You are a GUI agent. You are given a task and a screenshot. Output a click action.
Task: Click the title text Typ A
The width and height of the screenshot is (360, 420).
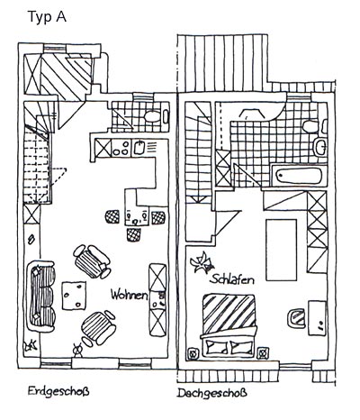pyautogui.click(x=47, y=17)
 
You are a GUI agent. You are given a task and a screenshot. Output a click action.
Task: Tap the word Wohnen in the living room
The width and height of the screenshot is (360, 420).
pyautogui.click(x=130, y=295)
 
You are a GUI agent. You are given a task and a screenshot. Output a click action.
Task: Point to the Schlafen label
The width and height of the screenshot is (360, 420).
pyautogui.click(x=232, y=279)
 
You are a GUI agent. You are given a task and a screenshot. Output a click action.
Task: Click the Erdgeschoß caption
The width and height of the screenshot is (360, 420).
pyautogui.click(x=58, y=392)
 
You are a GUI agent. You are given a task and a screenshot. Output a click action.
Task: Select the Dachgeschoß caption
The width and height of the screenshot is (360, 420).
pyautogui.click(x=211, y=393)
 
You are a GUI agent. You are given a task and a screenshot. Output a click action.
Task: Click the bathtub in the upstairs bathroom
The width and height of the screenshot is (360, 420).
pyautogui.click(x=299, y=175)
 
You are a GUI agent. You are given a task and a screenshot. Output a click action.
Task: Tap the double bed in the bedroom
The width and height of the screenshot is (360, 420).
pyautogui.click(x=229, y=325)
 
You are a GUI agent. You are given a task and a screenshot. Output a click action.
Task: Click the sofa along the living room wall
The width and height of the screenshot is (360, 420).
pyautogui.click(x=40, y=297)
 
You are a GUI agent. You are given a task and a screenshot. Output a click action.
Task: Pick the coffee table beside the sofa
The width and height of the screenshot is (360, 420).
pyautogui.click(x=74, y=296)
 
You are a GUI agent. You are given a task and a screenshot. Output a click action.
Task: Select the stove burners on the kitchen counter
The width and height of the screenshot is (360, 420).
pyautogui.click(x=121, y=148)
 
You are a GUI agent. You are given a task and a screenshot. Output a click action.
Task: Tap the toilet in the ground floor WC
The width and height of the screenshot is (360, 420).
pyautogui.click(x=152, y=116)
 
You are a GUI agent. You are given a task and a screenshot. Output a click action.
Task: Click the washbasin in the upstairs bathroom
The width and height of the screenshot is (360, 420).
pyautogui.click(x=320, y=147)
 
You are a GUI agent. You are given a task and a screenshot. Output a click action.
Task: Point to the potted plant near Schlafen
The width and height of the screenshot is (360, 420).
pyautogui.click(x=202, y=262)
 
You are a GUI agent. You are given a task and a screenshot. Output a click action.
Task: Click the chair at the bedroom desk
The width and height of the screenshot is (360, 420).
pyautogui.click(x=296, y=317)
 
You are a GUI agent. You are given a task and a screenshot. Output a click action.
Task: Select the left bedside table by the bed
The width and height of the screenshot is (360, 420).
pyautogui.click(x=193, y=353)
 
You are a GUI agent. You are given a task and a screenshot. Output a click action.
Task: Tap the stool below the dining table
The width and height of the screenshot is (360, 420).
pyautogui.click(x=133, y=234)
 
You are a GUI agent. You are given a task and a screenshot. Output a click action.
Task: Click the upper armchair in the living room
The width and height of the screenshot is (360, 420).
pyautogui.click(x=92, y=261)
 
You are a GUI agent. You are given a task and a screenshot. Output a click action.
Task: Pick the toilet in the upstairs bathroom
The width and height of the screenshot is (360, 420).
pyautogui.click(x=310, y=126)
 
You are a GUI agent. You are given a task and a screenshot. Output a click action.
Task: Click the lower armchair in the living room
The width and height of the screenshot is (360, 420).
pyautogui.click(x=98, y=328)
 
